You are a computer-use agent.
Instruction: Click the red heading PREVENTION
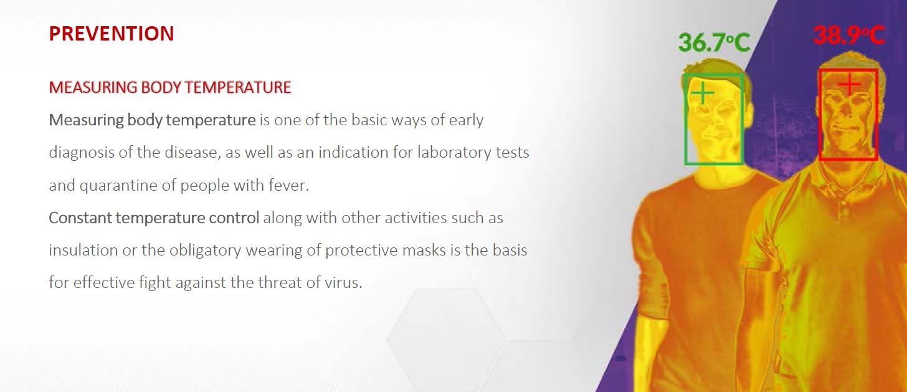[x=112, y=34]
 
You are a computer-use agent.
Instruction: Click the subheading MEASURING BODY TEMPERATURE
[x=170, y=87]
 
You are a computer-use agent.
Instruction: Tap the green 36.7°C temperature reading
[x=715, y=43]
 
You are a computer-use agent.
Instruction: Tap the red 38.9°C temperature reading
[x=848, y=36]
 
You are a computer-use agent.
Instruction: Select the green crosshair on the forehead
[x=703, y=93]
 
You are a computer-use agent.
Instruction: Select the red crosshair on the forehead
[x=849, y=84]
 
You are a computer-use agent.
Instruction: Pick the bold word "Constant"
[x=80, y=218]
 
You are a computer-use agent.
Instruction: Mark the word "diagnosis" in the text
[x=82, y=153]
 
